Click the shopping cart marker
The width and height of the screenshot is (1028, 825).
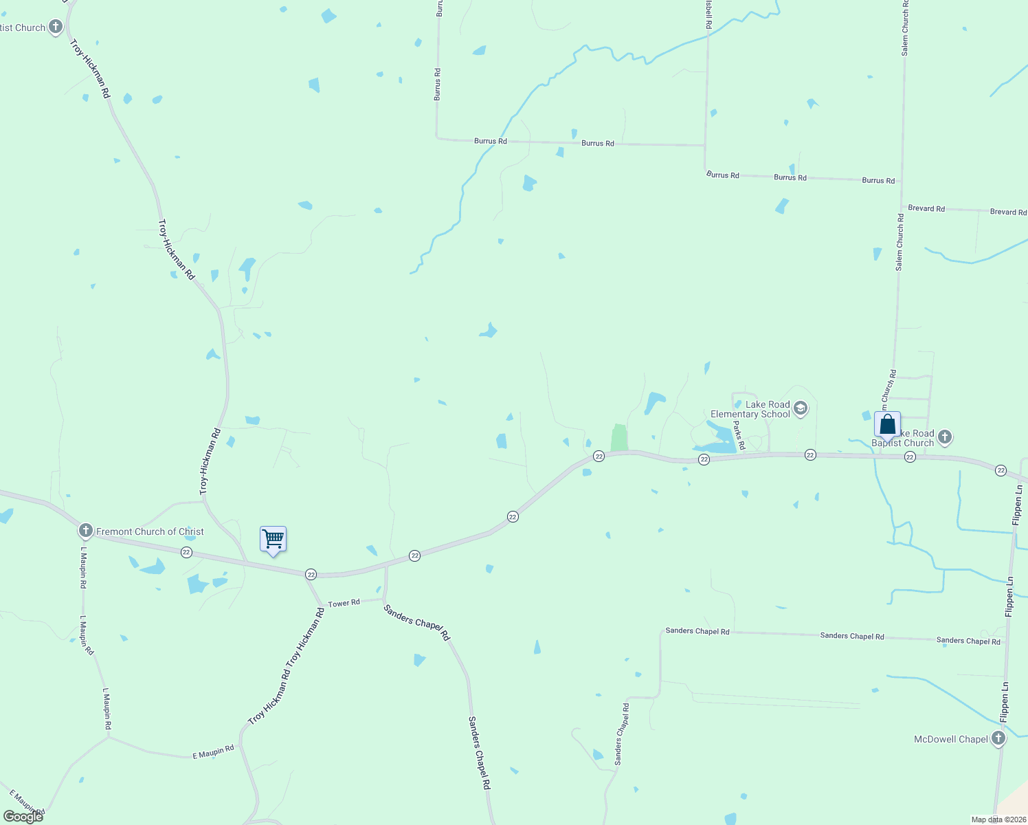click(x=273, y=540)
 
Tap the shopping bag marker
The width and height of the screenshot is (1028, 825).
click(x=887, y=425)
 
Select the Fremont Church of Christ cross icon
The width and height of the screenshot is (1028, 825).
click(x=85, y=531)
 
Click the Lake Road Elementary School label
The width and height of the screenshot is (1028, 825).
click(x=750, y=410)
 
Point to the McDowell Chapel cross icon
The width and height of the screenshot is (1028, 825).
click(x=998, y=739)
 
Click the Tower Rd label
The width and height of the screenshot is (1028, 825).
click(x=344, y=604)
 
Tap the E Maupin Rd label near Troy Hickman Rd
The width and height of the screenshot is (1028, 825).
click(x=213, y=751)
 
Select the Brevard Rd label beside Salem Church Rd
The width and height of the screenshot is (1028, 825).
click(x=926, y=208)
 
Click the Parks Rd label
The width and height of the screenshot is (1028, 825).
click(x=739, y=436)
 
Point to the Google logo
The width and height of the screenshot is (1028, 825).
click(x=23, y=816)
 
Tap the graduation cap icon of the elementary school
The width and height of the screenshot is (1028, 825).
click(x=800, y=409)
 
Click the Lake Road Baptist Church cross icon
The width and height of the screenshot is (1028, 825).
click(x=945, y=437)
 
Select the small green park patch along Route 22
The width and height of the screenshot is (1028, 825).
click(x=619, y=438)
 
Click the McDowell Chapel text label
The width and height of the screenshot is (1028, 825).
click(x=950, y=740)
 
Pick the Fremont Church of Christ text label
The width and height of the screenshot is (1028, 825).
click(x=150, y=531)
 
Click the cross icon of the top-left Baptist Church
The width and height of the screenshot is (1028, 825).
click(x=56, y=27)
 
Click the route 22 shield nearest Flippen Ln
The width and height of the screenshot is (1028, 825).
click(x=1001, y=471)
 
